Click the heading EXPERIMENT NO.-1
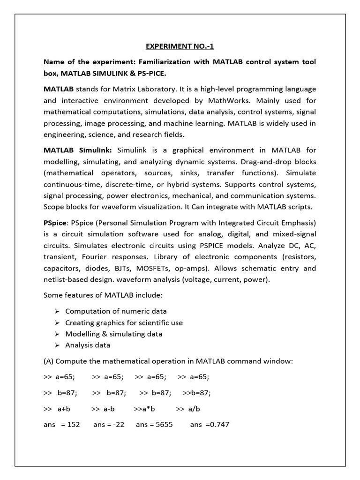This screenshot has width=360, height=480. (x=180, y=46)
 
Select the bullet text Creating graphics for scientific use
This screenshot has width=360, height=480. (x=124, y=322)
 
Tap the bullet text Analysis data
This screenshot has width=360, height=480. (x=88, y=345)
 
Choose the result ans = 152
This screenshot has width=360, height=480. (x=61, y=425)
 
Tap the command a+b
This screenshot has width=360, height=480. (x=64, y=409)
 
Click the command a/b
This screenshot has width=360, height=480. (x=194, y=409)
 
